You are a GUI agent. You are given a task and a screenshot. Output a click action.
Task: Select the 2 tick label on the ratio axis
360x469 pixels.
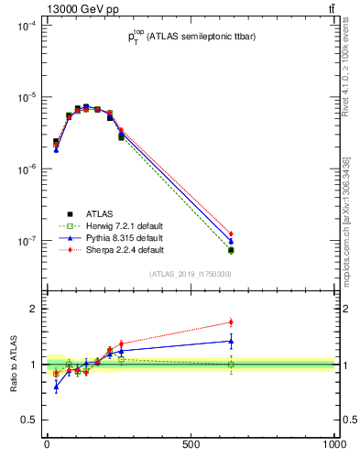[x=33, y=309]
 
